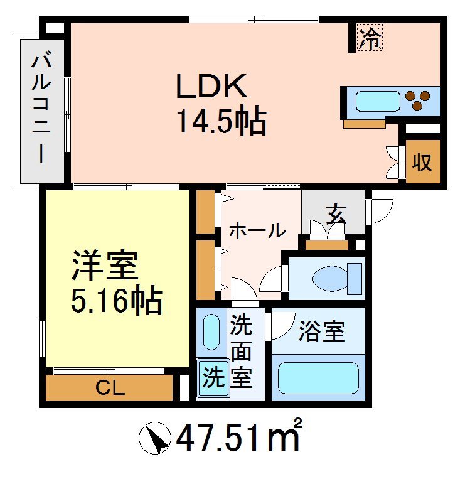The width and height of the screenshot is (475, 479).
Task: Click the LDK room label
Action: (210, 87)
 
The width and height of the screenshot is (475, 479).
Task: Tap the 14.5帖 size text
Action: (220, 121)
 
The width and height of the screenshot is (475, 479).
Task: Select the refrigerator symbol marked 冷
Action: (370, 38)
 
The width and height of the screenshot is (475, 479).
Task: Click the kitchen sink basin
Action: (378, 101)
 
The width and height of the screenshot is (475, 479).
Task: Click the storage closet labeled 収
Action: (421, 162)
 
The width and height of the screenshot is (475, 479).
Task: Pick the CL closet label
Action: (110, 388)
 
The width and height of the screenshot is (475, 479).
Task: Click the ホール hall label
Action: (256, 230)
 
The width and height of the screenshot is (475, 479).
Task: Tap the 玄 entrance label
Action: (335, 214)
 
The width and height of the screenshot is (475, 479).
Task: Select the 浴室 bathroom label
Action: (322, 331)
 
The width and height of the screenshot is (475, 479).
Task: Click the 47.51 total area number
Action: (220, 438)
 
